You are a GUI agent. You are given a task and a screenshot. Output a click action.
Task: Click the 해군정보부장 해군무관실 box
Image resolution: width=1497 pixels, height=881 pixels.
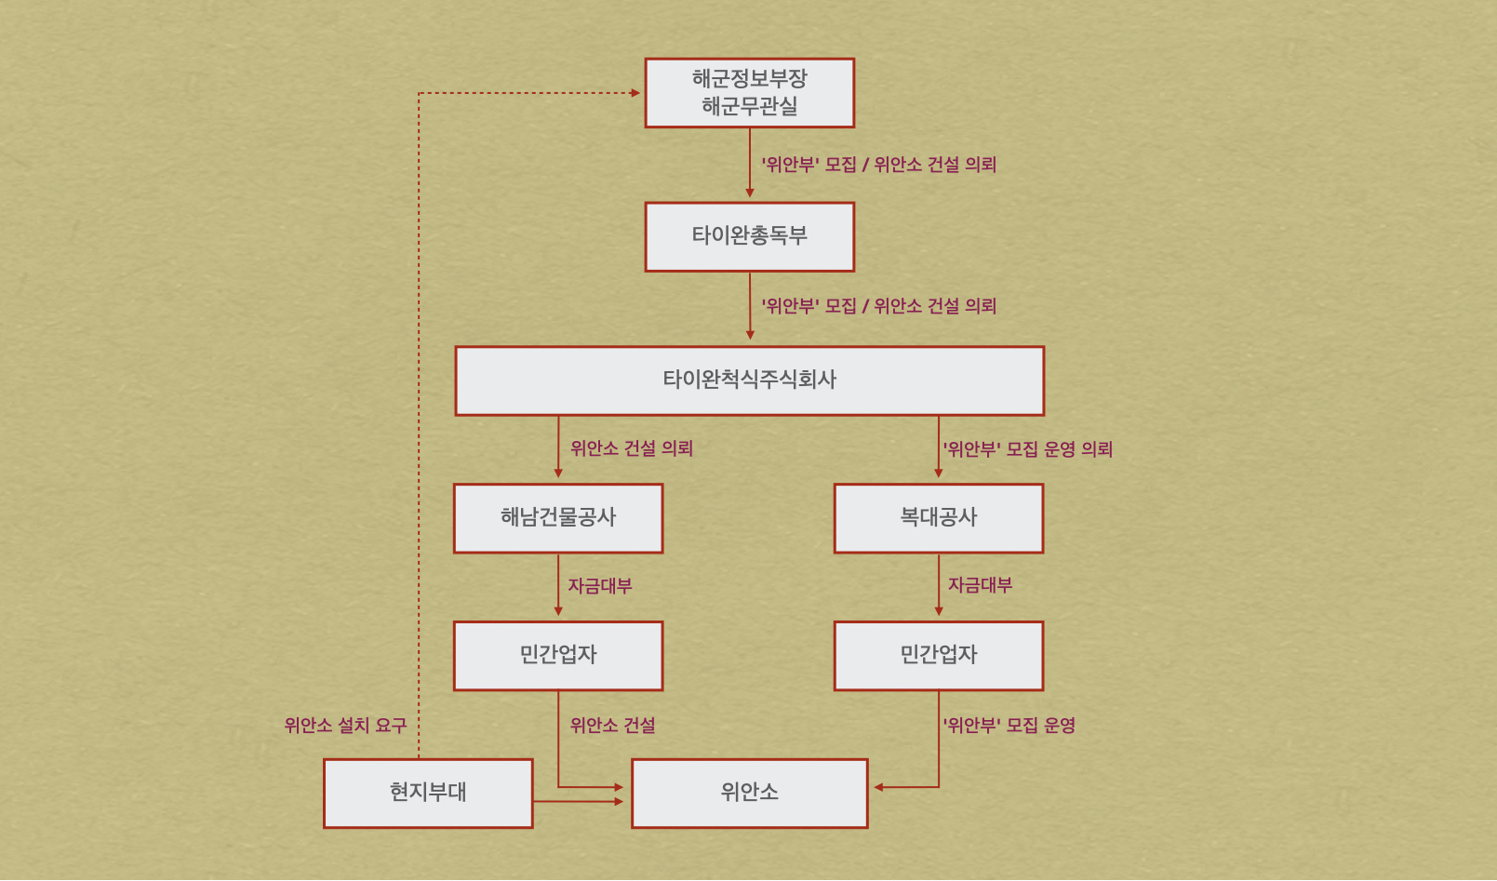point(749,93)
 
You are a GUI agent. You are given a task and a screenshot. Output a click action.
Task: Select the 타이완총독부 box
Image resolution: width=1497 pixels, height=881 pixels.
point(749,236)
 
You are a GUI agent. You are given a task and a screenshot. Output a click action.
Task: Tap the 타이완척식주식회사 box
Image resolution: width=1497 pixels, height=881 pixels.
point(749,380)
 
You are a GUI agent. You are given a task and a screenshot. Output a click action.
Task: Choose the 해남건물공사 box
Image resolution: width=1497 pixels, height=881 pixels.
point(558,518)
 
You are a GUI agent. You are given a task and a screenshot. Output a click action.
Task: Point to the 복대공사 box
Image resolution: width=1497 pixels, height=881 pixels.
point(938,518)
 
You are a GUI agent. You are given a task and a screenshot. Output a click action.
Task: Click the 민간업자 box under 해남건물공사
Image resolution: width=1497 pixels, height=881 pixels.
point(558,656)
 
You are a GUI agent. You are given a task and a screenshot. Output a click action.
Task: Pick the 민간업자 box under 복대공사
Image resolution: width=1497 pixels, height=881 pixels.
point(938,656)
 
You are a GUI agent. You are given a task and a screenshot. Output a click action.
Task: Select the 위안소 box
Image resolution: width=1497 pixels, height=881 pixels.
point(749,793)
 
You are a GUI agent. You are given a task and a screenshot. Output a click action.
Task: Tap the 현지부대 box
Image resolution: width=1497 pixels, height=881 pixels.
point(428,793)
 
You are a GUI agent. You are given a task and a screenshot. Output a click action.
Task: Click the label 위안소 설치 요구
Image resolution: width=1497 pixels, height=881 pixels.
point(345,725)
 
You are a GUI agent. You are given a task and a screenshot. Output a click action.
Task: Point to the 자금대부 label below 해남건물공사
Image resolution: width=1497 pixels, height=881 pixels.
point(600,586)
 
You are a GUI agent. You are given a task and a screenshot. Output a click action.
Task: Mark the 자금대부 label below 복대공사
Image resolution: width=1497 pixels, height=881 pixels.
point(980,585)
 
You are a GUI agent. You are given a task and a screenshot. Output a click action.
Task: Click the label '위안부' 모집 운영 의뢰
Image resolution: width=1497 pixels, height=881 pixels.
point(1027,449)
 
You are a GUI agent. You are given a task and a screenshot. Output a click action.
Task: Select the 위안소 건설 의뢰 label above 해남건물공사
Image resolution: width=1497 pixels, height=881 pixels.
point(632,448)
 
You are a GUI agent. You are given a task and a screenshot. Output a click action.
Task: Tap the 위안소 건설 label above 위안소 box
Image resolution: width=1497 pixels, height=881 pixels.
point(612,725)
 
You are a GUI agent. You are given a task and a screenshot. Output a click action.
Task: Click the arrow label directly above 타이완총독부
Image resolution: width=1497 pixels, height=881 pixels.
point(878,165)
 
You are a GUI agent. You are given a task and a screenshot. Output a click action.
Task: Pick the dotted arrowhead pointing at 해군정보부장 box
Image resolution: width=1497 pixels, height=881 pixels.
point(635,93)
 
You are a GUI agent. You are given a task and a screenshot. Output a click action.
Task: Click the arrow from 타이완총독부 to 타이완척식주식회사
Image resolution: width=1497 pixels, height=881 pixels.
point(750,307)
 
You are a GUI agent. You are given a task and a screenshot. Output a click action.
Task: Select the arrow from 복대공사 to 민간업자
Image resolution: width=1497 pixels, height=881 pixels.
point(938,586)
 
